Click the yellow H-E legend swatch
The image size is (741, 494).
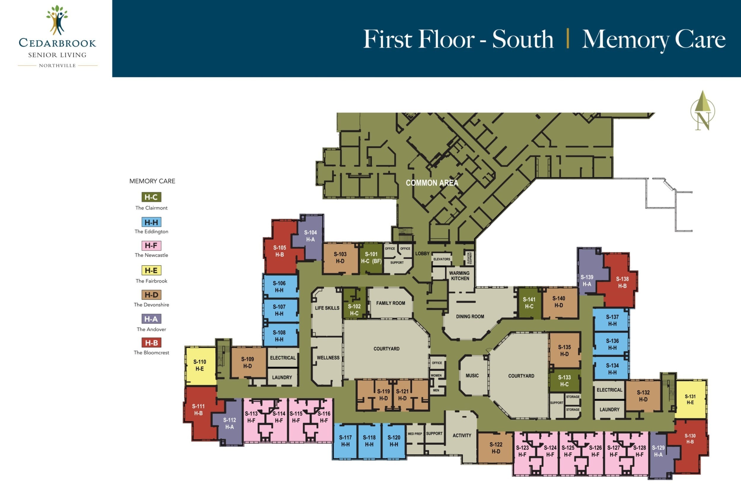(x=151, y=270)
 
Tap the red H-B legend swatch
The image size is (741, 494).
(x=151, y=343)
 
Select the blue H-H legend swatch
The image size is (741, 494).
(x=151, y=222)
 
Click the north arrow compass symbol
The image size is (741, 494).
(x=702, y=111)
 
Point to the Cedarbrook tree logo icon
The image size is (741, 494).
(x=57, y=20)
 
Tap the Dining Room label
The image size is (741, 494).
(x=470, y=316)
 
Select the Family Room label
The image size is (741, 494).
(x=390, y=303)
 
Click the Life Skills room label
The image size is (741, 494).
(x=327, y=308)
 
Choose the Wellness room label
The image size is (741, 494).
(x=328, y=358)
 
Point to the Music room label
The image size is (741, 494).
(x=472, y=375)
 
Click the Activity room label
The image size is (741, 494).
(x=462, y=435)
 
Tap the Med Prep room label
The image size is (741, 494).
(x=415, y=434)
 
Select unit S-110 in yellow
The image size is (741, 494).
(x=200, y=365)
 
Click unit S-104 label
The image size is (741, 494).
(x=310, y=236)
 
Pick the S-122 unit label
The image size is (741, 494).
(x=496, y=448)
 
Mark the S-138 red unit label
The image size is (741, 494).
(x=622, y=282)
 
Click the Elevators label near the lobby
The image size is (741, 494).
(x=442, y=259)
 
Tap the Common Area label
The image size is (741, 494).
(x=432, y=183)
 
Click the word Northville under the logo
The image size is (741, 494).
(x=57, y=65)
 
